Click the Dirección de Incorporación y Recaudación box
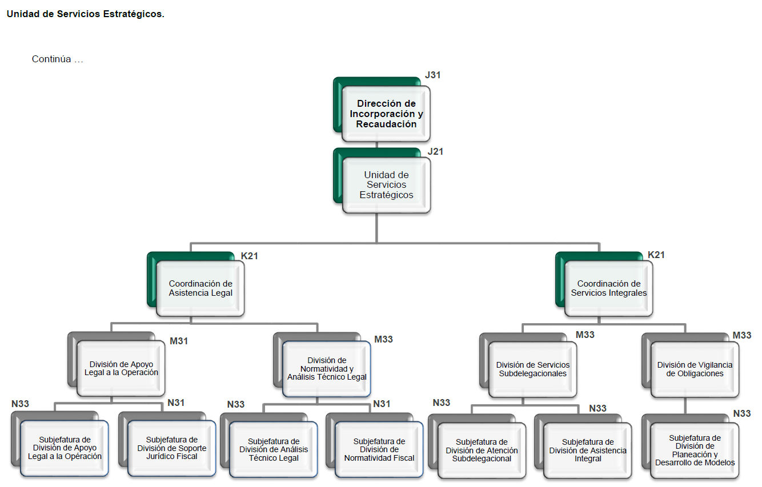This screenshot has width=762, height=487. click(386, 114)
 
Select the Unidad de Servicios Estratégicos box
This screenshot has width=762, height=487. click(386, 185)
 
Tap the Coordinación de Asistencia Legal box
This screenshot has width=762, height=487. click(200, 288)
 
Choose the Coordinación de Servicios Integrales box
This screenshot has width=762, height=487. click(609, 288)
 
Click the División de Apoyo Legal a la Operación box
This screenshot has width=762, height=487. click(121, 368)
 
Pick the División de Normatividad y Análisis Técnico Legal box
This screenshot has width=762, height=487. click(327, 369)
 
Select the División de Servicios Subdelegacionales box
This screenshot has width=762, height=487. click(532, 369)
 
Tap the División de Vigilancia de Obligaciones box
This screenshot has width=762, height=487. click(695, 369)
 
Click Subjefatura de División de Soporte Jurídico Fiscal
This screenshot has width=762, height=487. click(172, 448)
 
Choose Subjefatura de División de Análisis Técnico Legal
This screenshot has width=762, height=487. click(274, 450)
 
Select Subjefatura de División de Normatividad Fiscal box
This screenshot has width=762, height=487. click(379, 450)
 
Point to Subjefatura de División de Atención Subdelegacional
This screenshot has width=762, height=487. click(482, 450)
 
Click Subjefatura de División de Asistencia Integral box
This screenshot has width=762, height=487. click(588, 450)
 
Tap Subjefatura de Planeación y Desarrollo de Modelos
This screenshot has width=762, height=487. click(695, 450)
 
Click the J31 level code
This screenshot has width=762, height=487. click(433, 75)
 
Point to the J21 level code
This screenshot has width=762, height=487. click(435, 152)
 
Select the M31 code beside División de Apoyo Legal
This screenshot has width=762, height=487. click(179, 341)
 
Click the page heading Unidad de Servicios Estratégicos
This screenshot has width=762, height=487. click(86, 14)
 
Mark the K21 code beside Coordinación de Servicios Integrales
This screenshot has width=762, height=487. click(656, 255)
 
